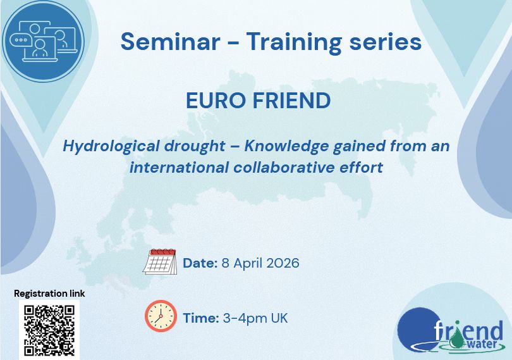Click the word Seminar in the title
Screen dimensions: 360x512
tap(170, 42)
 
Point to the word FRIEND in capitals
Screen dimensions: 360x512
tap(290, 101)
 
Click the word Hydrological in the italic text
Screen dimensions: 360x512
tap(112, 147)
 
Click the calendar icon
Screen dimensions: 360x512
tap(160, 261)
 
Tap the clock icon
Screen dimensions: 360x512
tap(161, 316)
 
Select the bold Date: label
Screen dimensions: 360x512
tap(200, 263)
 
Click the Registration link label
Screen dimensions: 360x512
tap(49, 294)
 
